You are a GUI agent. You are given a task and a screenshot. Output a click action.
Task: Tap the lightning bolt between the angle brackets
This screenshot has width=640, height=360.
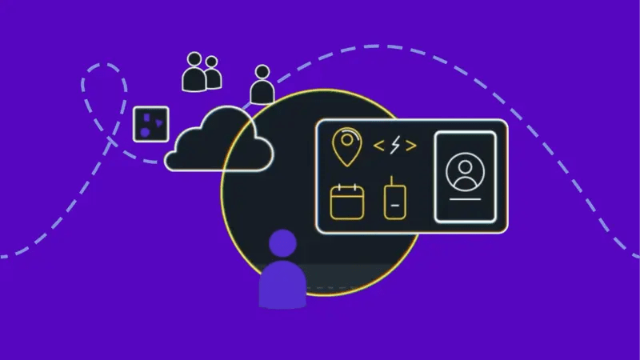point(395,146)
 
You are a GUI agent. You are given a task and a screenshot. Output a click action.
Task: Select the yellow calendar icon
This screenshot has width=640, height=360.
point(347,202)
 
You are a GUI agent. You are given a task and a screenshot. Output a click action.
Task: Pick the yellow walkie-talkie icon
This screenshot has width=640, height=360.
point(393,202)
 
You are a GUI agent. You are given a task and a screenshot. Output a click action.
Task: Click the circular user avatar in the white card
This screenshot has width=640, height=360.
point(464,172)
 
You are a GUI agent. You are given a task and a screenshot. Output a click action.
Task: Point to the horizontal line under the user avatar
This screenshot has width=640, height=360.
point(464,197)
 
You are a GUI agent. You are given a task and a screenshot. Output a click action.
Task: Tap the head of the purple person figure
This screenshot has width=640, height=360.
point(282,244)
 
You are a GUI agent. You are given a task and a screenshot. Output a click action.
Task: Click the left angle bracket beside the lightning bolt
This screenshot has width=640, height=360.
point(379,146)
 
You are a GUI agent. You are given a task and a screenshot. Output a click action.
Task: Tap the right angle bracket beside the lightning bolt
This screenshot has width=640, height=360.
point(411,146)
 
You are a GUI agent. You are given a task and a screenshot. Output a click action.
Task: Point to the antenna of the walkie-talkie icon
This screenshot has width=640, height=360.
point(391,182)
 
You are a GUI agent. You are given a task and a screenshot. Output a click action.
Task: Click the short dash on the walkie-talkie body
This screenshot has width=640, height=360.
point(393,205)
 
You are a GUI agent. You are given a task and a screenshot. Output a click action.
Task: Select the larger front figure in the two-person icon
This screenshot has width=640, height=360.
point(194,74)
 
